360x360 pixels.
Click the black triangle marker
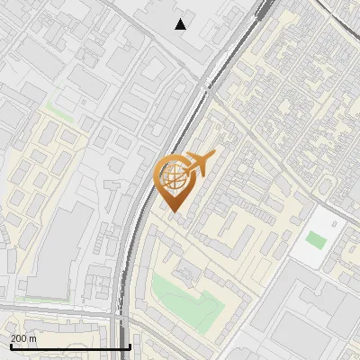click(181, 23)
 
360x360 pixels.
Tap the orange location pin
click(175, 181)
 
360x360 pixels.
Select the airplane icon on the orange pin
click(200, 163)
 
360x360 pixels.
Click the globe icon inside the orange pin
click(174, 175)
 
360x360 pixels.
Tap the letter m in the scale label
click(33, 338)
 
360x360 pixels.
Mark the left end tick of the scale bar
click(11, 346)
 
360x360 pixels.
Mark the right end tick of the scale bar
click(130, 346)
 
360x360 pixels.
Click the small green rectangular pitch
click(315, 240)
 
